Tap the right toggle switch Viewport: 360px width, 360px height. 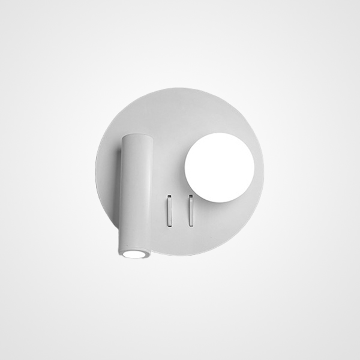[191, 210]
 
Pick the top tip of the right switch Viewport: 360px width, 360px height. [191, 197]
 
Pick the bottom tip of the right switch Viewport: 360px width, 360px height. [191, 225]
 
